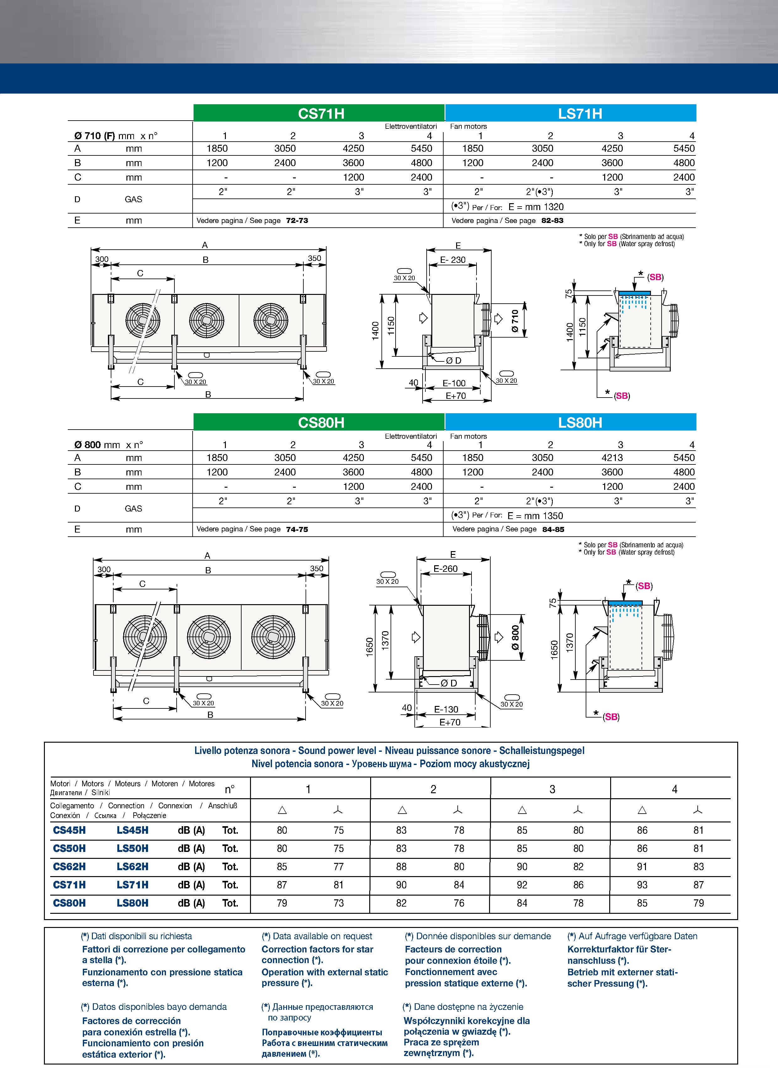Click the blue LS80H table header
pos(579,422)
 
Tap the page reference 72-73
pos(297,220)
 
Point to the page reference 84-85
pos(553,529)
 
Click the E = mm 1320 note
pos(536,207)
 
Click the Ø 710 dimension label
pos(515,321)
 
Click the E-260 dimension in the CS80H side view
pos(445,569)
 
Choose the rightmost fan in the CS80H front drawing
pos(273,637)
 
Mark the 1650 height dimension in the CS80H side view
pos(369,648)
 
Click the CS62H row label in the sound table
pos(70,866)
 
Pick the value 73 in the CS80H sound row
pos(338,903)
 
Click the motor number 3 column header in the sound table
pos(552,789)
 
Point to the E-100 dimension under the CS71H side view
pos(454,383)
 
